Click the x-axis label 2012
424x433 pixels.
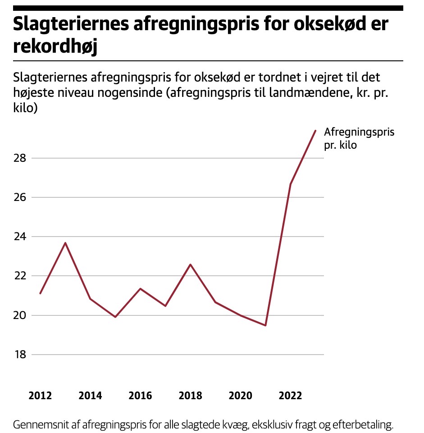tap(40, 396)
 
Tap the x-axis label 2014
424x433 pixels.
tap(90, 396)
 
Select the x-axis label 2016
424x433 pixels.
tap(140, 396)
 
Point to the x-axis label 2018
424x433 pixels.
tap(190, 396)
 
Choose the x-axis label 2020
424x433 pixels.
tap(240, 396)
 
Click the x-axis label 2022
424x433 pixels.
tap(290, 396)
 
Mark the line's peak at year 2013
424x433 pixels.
tap(65, 243)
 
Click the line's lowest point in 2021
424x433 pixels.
tap(265, 325)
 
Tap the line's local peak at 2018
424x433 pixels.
tap(190, 264)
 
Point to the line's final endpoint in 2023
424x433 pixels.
tap(315, 131)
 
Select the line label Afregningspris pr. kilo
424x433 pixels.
tap(353, 138)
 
